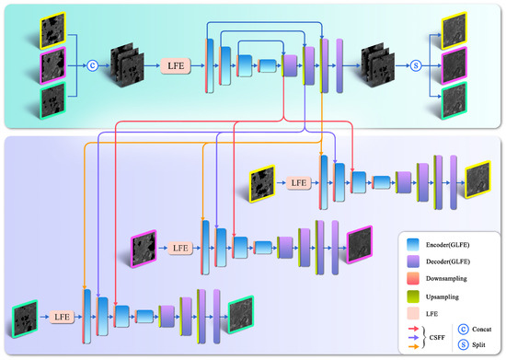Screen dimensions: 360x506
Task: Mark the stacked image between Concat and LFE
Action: click(x=130, y=66)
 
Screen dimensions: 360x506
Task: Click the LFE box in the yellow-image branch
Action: click(x=298, y=182)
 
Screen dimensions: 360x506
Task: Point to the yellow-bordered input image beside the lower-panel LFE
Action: click(x=261, y=182)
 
